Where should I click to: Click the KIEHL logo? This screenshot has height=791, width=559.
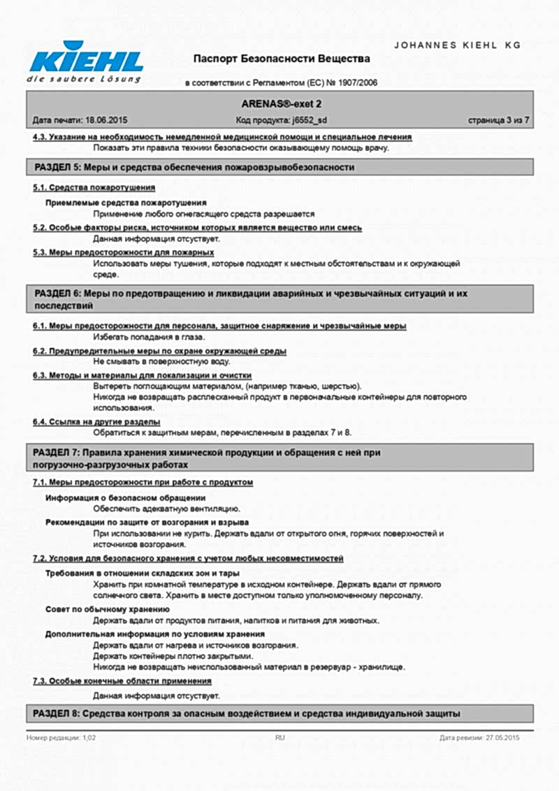click(85, 61)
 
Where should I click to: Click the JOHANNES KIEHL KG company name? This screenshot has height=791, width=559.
click(458, 45)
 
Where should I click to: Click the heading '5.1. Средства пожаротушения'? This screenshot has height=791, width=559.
click(94, 188)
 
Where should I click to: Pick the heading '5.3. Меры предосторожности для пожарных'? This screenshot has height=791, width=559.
click(123, 252)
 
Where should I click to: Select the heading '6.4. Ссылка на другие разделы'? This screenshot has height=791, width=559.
click(96, 422)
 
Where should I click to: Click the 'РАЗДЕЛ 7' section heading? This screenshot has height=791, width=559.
click(207, 458)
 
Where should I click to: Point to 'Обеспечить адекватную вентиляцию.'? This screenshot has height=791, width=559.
click(166, 509)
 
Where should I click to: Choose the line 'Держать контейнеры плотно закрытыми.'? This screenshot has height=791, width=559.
click(173, 656)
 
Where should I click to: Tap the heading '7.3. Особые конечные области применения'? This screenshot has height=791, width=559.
click(122, 681)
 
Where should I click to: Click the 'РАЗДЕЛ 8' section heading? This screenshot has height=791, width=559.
click(247, 713)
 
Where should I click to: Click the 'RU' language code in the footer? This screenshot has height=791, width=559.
click(279, 737)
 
